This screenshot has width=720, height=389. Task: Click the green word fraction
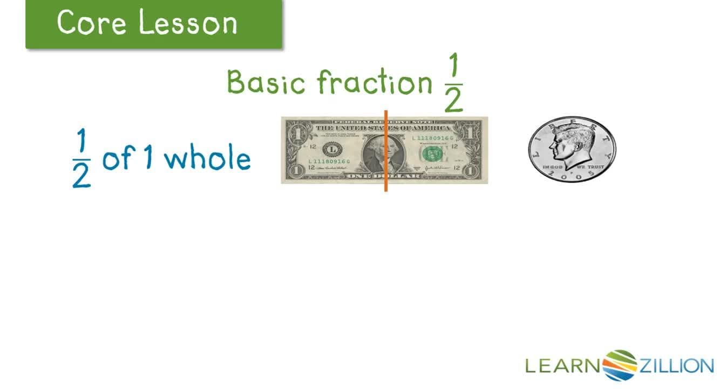click(374, 83)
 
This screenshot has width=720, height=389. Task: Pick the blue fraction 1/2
click(81, 160)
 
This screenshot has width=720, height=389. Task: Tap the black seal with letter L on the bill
click(332, 149)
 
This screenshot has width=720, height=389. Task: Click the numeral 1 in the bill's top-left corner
click(294, 131)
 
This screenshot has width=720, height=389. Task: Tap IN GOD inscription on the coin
click(553, 168)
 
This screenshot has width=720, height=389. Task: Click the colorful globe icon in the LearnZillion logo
click(620, 366)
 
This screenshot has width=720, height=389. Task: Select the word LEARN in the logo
click(563, 366)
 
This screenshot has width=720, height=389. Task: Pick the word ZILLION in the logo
click(676, 366)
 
